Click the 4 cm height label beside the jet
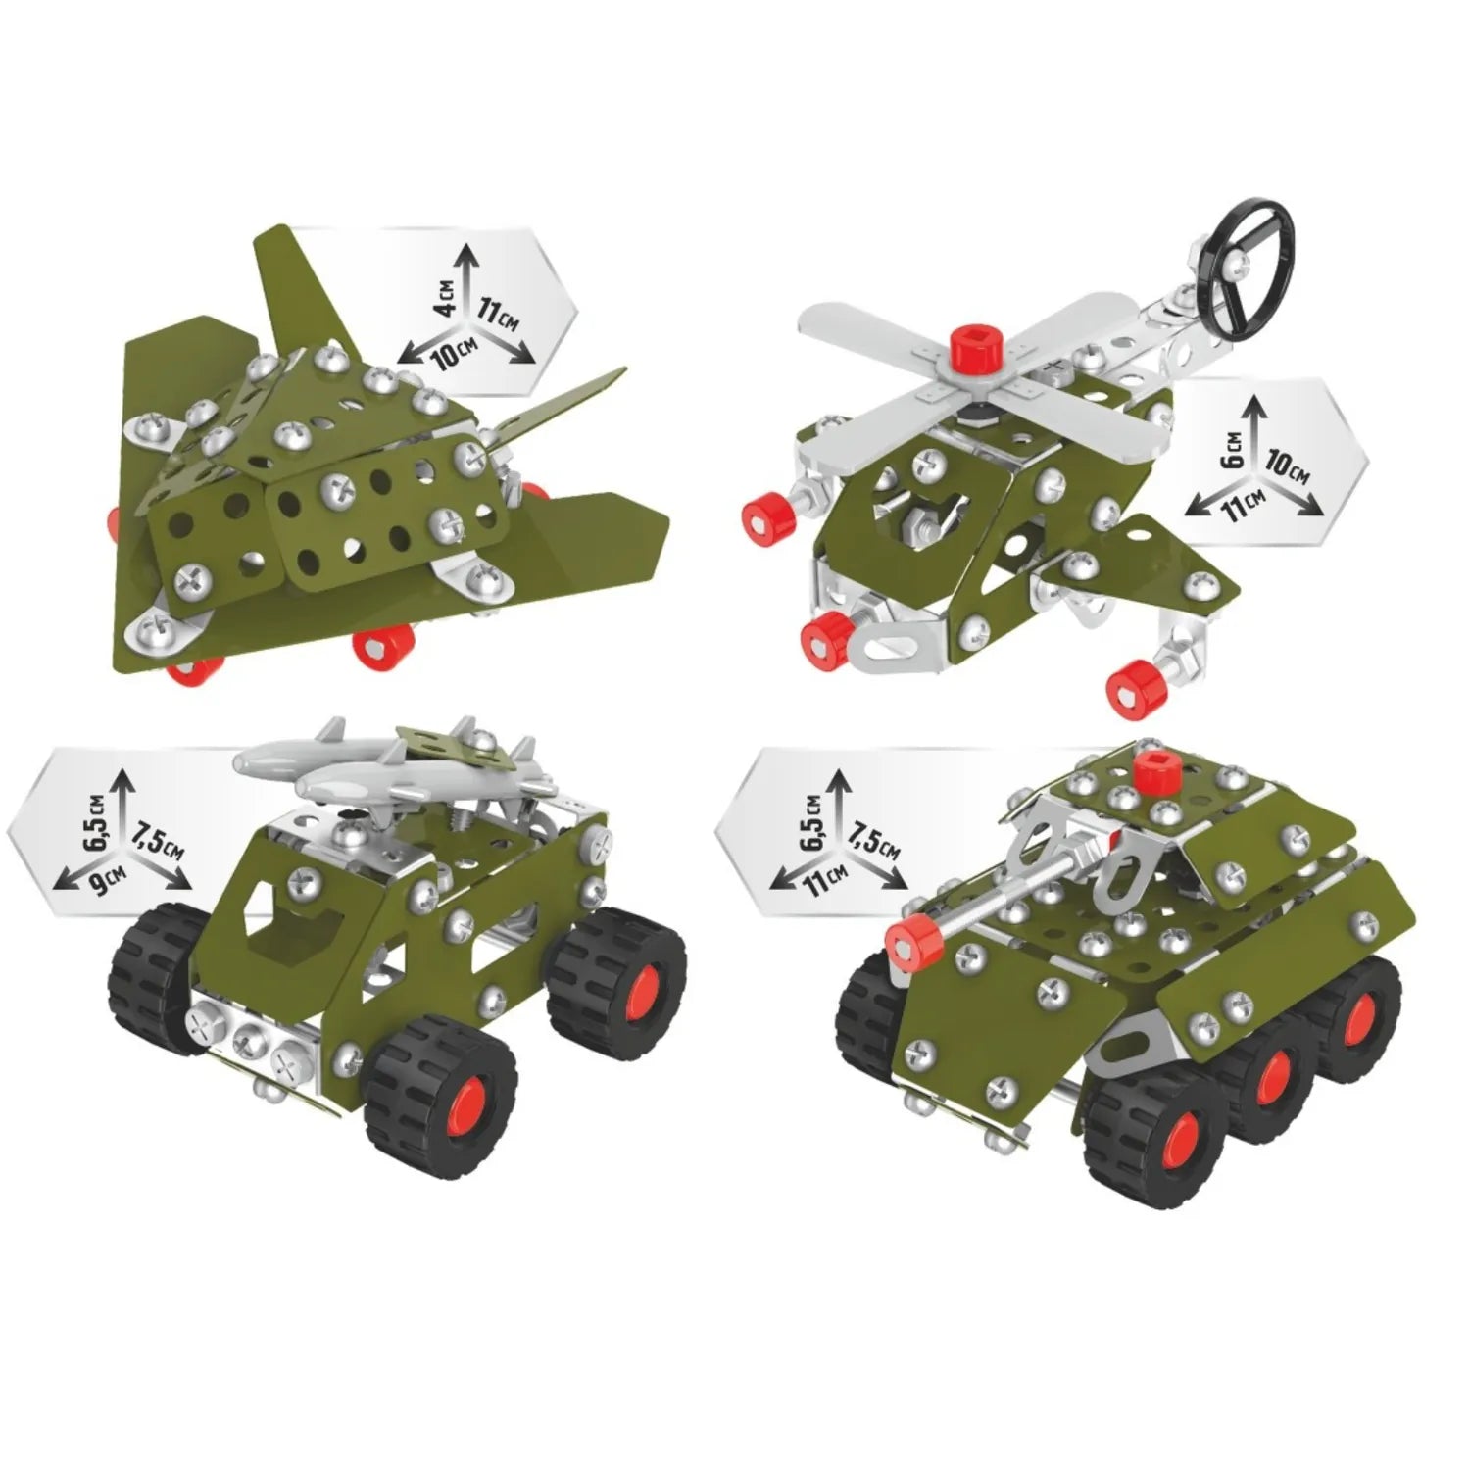447,295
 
